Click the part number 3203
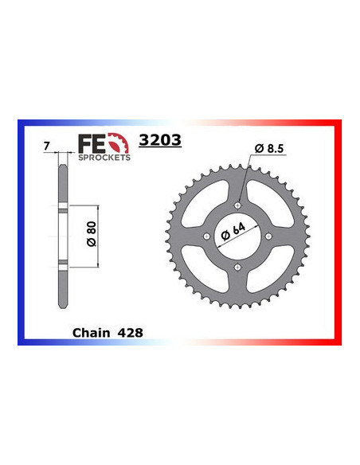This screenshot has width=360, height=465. pos(159,141)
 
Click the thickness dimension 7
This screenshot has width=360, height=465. pos(47,147)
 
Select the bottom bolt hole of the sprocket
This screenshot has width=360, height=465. pos(238,265)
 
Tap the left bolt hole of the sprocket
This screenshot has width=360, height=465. pos(209,236)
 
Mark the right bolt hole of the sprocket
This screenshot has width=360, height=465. pos(268,236)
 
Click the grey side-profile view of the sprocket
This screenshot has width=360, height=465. pos(61,239)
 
